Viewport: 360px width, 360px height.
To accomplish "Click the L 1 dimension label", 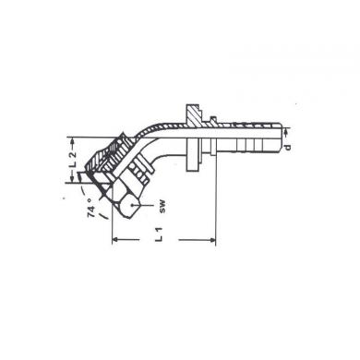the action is click(159, 234).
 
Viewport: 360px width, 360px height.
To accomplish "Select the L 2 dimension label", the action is click(72, 160).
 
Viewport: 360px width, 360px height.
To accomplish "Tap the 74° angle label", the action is click(91, 208).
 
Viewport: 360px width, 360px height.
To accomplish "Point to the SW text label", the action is click(162, 207).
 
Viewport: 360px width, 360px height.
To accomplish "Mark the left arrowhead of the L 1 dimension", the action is click(115, 239).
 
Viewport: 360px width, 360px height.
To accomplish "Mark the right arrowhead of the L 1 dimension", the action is click(212, 239).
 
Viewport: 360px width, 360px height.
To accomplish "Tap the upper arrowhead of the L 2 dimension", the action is click(73, 140).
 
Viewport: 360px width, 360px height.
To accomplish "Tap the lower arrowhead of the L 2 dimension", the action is click(73, 179).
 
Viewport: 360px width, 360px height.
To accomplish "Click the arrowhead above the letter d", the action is click(287, 133).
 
